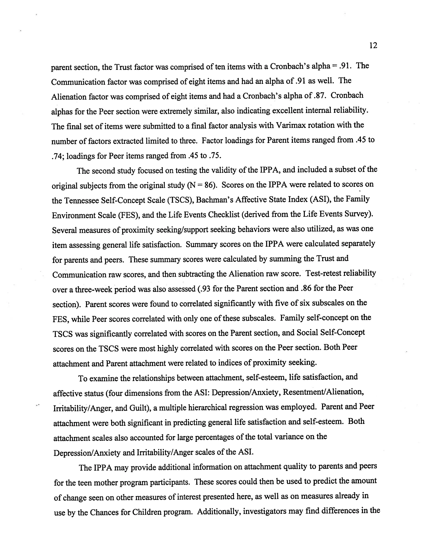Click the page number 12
(373, 45)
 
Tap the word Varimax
(291, 126)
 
